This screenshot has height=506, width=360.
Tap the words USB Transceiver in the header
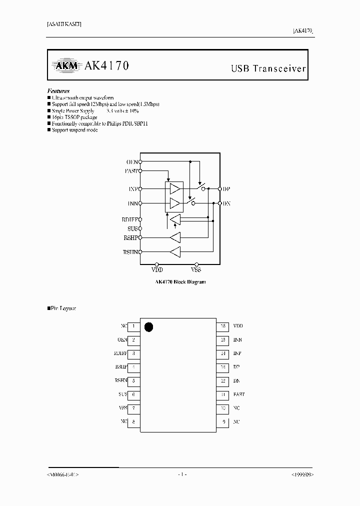tap(267, 68)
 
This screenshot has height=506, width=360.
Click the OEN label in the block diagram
tap(132, 161)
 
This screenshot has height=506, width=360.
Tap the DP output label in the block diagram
tap(226, 189)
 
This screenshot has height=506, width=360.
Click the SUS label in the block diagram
tap(132, 228)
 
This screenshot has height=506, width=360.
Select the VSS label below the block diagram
tap(196, 270)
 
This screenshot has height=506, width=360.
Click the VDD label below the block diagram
tap(157, 270)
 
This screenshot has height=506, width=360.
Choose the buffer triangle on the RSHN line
tap(175, 252)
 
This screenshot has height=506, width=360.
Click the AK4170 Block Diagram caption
tap(180, 282)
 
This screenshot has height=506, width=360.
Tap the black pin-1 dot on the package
tap(148, 327)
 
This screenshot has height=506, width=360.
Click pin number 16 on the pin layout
tap(223, 326)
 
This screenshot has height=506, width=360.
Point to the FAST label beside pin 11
tap(238, 394)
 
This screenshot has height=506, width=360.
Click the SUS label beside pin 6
tap(123, 394)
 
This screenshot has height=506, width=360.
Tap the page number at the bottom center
tap(182, 474)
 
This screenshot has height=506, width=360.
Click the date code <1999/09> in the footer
tap(302, 474)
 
